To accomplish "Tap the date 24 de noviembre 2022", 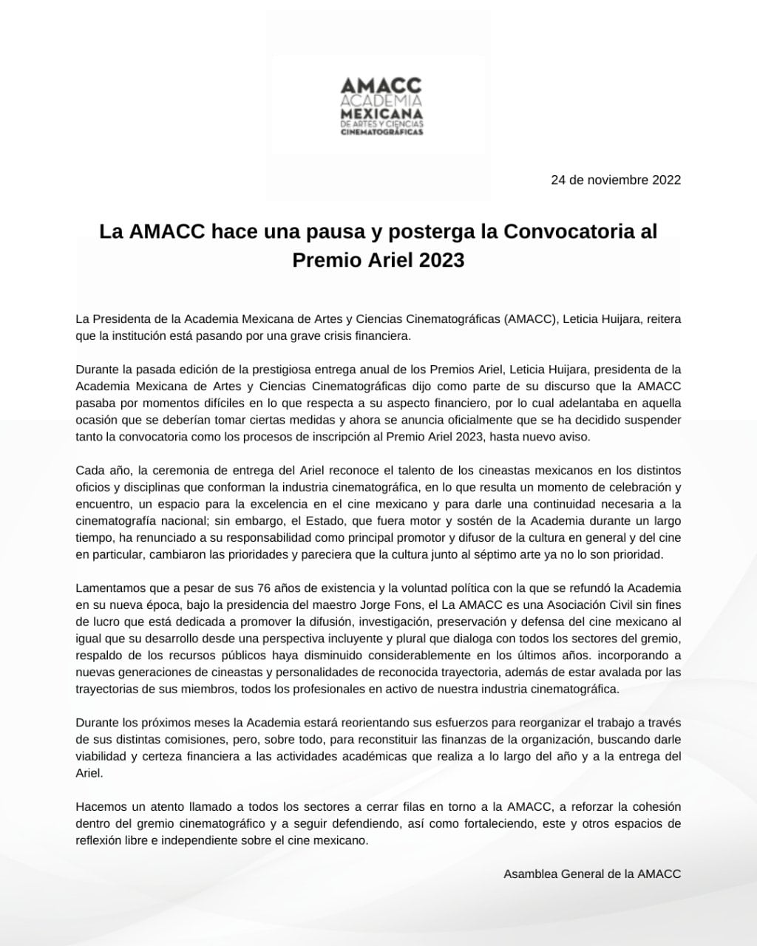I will tap(616, 180).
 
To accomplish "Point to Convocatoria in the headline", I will tap(568, 231).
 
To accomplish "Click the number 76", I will tap(245, 588).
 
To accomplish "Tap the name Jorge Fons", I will tap(364, 605).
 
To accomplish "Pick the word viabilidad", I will tap(101, 756).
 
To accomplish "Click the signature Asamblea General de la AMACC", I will tap(592, 874).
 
